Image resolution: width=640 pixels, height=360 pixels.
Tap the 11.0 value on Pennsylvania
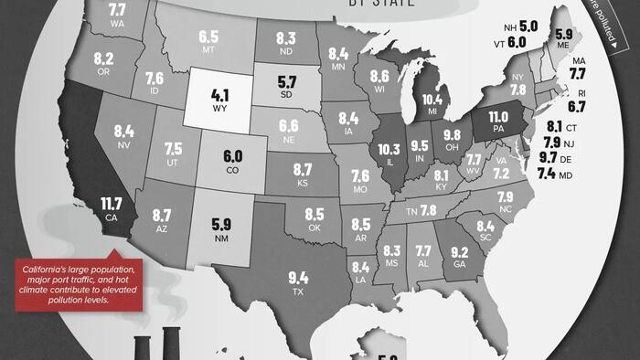click(497, 117)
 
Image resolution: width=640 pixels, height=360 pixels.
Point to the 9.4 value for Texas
click(298, 278)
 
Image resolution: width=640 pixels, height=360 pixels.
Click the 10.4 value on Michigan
click(432, 100)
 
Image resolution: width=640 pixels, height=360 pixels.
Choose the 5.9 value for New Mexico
click(220, 223)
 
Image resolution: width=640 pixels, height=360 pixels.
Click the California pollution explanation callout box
click(79, 283)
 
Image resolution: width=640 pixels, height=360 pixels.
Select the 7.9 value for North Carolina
click(505, 197)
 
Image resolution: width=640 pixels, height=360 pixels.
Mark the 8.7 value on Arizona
click(162, 216)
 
